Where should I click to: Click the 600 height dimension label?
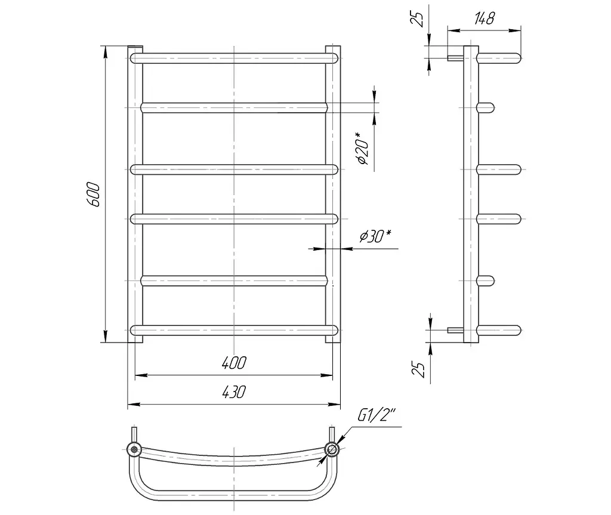(94, 194)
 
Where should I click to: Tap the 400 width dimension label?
(234, 363)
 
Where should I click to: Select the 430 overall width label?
(234, 392)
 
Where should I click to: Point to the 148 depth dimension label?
(485, 18)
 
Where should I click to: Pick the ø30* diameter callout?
(375, 236)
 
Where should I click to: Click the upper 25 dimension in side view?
(417, 18)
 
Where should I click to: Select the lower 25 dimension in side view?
(418, 369)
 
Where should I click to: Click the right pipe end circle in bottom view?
(332, 449)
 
